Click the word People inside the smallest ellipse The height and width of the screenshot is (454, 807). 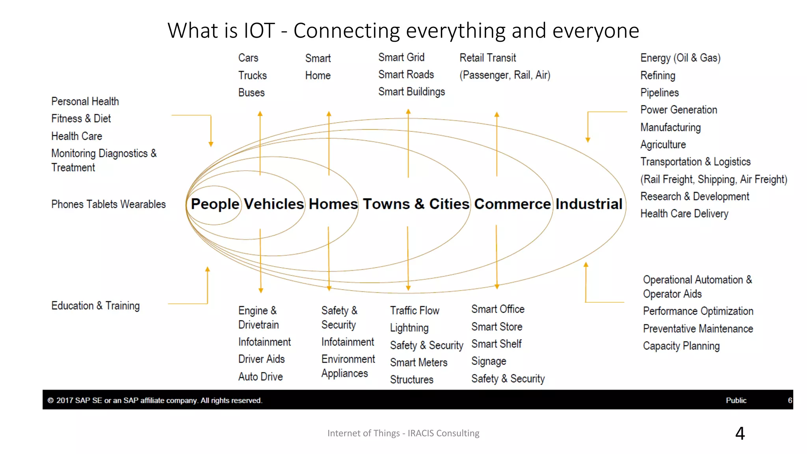pyautogui.click(x=215, y=204)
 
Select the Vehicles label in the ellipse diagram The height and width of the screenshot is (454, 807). pyautogui.click(x=274, y=204)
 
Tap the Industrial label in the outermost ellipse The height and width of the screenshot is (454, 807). pyautogui.click(x=589, y=204)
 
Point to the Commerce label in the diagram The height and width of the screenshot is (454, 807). pyautogui.click(x=512, y=204)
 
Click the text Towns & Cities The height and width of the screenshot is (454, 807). pyautogui.click(x=416, y=204)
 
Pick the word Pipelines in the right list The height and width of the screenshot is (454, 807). pyautogui.click(x=659, y=93)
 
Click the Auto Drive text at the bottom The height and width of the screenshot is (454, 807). pyautogui.click(x=260, y=377)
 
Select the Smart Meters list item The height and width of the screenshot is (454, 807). pyautogui.click(x=418, y=363)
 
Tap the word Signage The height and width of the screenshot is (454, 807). pyautogui.click(x=489, y=361)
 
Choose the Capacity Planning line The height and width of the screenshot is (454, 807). pyautogui.click(x=681, y=346)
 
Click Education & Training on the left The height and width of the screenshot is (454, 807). pyautogui.click(x=95, y=306)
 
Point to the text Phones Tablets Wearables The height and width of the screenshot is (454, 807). pyautogui.click(x=108, y=204)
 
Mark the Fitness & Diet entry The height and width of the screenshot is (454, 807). pyautogui.click(x=81, y=119)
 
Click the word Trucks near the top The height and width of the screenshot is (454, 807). pyautogui.click(x=252, y=75)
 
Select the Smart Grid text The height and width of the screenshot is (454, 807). pyautogui.click(x=401, y=58)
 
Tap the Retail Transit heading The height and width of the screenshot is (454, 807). pyautogui.click(x=487, y=58)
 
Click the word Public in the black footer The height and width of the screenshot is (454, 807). pyautogui.click(x=736, y=400)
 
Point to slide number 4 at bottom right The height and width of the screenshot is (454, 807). pyautogui.click(x=740, y=434)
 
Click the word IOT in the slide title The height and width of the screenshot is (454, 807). pyautogui.click(x=259, y=31)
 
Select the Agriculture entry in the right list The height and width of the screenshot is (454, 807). pyautogui.click(x=663, y=145)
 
